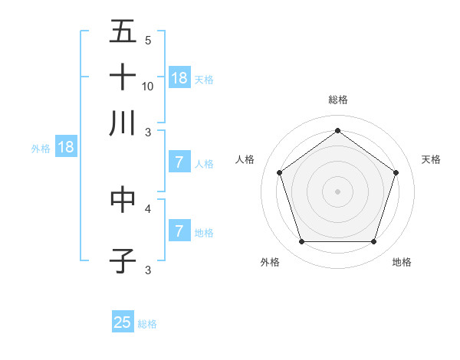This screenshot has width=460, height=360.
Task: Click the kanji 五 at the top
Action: click(123, 31)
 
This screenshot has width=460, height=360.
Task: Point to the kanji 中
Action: click(123, 198)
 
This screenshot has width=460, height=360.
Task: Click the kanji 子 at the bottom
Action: click(123, 260)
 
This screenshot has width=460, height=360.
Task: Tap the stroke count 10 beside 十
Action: click(148, 86)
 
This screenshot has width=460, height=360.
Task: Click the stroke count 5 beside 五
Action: click(148, 41)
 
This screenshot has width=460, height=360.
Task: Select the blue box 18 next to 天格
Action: click(179, 77)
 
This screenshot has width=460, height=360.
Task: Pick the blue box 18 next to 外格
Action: click(66, 147)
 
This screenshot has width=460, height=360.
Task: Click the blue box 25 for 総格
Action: click(123, 322)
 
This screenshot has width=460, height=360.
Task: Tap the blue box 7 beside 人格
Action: click(179, 162)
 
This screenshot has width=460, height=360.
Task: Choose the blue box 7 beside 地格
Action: click(179, 231)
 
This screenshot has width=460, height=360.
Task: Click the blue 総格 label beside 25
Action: click(147, 324)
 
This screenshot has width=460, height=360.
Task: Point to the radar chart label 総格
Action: click(338, 100)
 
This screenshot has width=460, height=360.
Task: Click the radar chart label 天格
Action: click(431, 159)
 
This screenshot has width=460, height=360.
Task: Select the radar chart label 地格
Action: click(402, 263)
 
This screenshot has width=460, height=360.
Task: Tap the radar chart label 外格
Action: click(270, 263)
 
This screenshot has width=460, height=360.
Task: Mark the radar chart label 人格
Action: click(245, 159)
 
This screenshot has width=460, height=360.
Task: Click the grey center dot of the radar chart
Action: click(338, 191)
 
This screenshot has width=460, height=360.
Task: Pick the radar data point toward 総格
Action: click(338, 130)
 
